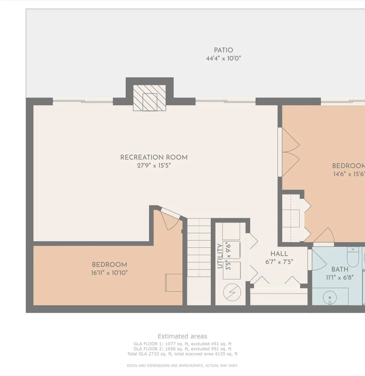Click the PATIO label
coord(223,50)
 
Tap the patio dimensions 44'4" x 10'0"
coord(223,58)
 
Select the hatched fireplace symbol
coord(149,98)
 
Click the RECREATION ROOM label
coord(154,157)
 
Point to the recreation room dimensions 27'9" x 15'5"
coord(154,166)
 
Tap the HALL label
coord(279,254)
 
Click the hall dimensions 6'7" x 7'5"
coord(279,262)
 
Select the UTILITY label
coord(220,256)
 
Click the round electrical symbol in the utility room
coord(232,292)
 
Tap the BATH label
coord(340,269)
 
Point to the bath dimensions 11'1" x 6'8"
coord(340,278)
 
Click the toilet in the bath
coord(353,257)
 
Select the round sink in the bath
coord(330,298)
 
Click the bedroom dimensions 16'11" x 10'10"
coord(110,273)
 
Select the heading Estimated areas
coord(182,336)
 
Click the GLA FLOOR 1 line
coord(182,344)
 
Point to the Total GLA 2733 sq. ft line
coord(182,354)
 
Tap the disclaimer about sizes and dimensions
coord(182,366)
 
